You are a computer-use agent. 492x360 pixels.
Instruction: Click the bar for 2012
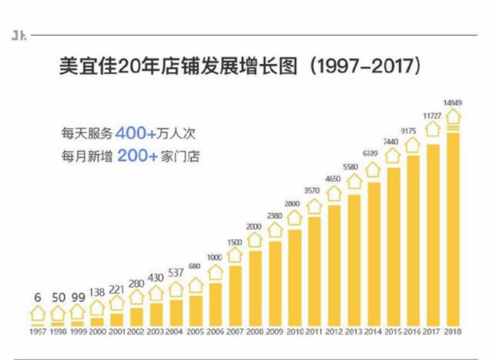coord(334,266)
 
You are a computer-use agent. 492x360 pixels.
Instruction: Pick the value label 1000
coord(215,257)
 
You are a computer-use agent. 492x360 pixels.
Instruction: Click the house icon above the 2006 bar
coord(215,273)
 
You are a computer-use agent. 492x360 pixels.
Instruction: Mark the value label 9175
coord(413,130)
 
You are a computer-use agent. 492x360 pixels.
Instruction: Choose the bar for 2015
coord(394,247)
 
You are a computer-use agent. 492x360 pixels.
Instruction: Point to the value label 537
coord(176,273)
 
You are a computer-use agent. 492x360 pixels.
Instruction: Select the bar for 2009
coord(275,283)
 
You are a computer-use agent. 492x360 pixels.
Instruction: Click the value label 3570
coord(314,191)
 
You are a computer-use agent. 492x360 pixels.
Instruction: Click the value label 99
coord(77,298)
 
